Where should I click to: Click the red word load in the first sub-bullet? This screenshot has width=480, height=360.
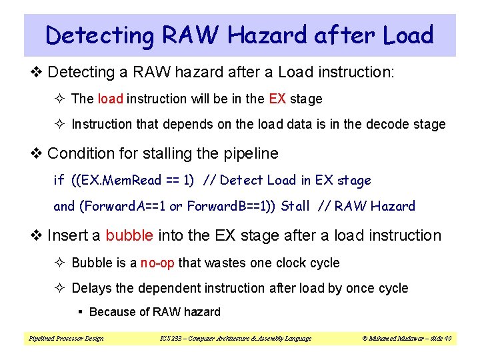(x=111, y=99)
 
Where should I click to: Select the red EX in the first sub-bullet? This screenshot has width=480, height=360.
(x=277, y=99)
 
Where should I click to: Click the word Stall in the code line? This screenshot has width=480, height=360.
(x=295, y=206)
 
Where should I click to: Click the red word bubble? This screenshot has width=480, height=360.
(x=129, y=235)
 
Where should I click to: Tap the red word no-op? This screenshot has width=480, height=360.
(x=157, y=263)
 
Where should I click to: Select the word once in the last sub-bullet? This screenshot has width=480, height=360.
(x=357, y=288)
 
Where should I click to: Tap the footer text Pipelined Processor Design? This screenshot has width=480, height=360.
(x=66, y=338)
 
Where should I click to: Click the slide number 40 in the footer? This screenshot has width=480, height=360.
(x=447, y=338)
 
